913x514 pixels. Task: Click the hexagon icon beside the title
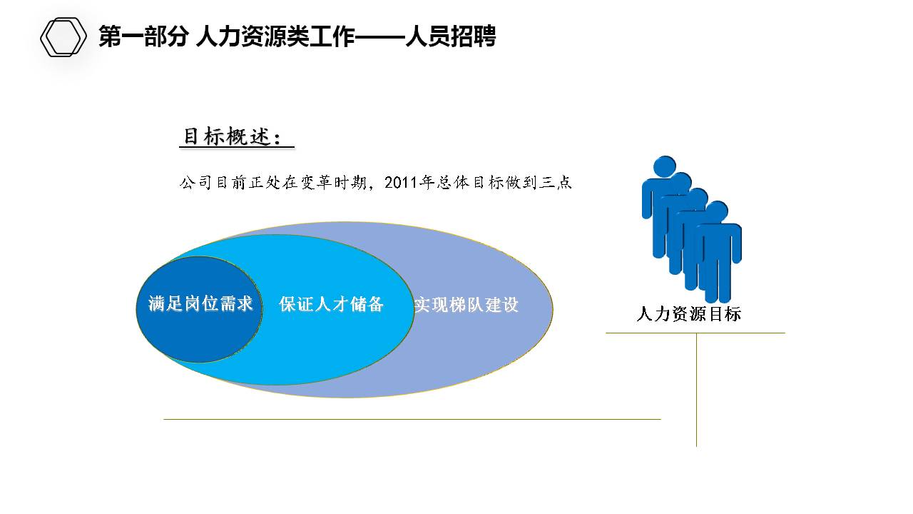pos(63,37)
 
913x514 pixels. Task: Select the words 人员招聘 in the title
pos(450,36)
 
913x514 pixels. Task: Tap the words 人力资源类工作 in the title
pos(275,36)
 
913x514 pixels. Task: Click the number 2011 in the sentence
pos(401,183)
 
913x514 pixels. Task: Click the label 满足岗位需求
pos(196,304)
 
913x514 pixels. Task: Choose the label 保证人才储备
pos(332,305)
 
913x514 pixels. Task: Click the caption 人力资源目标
pos(688,314)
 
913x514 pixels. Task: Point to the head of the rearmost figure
pos(665,166)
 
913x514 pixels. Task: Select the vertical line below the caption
pos(696,389)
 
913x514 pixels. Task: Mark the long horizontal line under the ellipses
pos(412,419)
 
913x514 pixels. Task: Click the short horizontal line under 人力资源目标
pos(695,333)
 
